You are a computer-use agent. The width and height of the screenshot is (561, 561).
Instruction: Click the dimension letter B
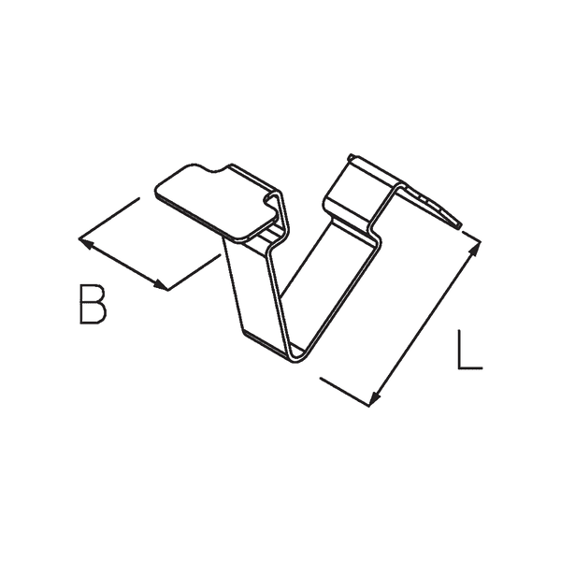[92, 306]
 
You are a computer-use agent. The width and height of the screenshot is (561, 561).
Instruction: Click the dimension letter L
[470, 350]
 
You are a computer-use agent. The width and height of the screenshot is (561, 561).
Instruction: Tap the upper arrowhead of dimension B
[84, 243]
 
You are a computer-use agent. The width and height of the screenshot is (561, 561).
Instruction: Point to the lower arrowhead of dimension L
[374, 399]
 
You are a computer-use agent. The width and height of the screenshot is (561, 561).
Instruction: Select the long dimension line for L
[425, 323]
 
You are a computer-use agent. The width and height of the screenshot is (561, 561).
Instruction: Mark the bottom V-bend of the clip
[295, 353]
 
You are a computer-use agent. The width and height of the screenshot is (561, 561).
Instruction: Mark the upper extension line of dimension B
[110, 218]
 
